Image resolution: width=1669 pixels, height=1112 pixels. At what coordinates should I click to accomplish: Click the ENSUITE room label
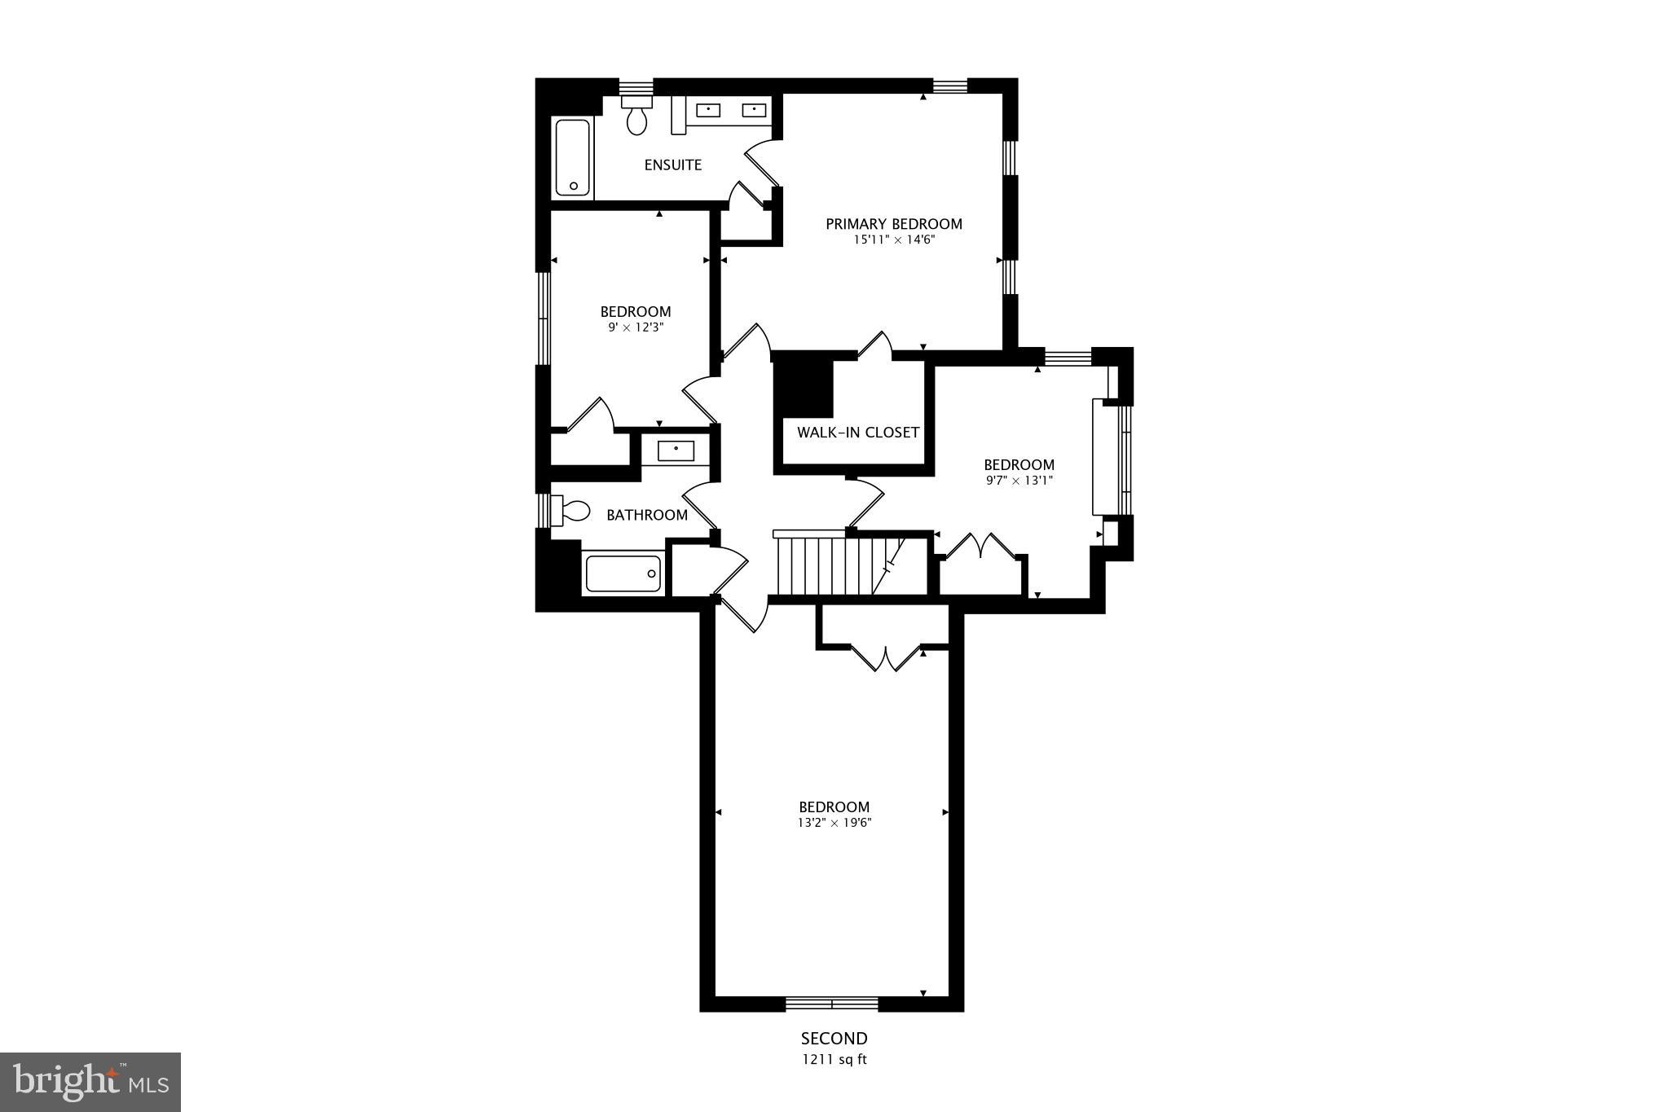click(x=672, y=165)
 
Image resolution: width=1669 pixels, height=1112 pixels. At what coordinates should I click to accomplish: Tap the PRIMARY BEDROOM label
click(x=893, y=224)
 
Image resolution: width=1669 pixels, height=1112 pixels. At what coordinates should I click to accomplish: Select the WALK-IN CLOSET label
click(x=857, y=433)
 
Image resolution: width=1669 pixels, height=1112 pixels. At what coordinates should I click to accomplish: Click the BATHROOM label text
click(x=646, y=515)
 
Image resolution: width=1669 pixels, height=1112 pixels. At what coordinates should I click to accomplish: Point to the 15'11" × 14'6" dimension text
click(x=893, y=240)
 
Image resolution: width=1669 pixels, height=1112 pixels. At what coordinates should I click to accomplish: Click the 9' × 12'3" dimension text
click(x=635, y=327)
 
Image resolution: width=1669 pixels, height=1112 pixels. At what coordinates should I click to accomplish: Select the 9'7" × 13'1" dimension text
click(x=1019, y=481)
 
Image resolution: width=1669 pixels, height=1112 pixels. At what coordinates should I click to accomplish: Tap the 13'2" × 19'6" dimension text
click(x=834, y=823)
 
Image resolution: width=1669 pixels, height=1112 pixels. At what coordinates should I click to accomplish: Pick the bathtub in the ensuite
click(x=573, y=158)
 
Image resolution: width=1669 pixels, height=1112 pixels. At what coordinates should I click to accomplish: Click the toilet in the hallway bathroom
click(x=571, y=511)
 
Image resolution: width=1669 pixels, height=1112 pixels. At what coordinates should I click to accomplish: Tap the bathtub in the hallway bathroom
click(x=623, y=574)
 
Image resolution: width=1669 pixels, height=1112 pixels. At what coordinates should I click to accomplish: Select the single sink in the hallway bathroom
click(x=676, y=451)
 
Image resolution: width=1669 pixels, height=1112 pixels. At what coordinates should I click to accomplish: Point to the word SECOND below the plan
click(x=834, y=1039)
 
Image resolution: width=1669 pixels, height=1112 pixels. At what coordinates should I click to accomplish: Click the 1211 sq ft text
click(x=834, y=1060)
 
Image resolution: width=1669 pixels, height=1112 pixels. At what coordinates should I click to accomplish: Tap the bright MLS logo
click(x=90, y=1082)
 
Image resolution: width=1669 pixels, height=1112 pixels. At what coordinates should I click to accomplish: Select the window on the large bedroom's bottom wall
click(x=832, y=1003)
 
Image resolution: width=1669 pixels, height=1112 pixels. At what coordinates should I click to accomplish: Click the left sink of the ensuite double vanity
click(x=707, y=109)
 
